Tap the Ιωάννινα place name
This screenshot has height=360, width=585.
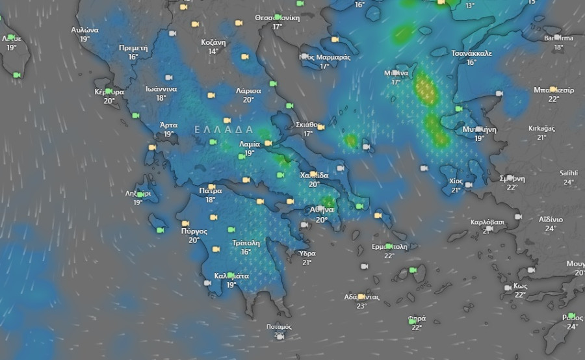click(x=161, y=89)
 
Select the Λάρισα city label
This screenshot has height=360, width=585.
click(x=248, y=91)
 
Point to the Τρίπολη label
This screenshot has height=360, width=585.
click(x=246, y=243)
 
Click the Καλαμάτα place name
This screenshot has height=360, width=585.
click(x=231, y=276)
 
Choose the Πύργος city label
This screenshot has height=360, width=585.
click(x=194, y=231)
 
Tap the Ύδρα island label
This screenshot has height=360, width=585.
click(x=307, y=253)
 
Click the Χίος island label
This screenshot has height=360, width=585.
click(x=456, y=181)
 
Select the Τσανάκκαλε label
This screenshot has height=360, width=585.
click(x=471, y=53)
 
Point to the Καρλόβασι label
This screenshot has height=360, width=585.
click(x=487, y=222)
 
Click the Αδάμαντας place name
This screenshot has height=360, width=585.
click(x=361, y=297)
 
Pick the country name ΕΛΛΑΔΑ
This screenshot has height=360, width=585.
click(x=224, y=130)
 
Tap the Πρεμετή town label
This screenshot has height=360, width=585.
click(x=133, y=48)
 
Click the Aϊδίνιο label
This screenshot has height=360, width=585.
click(x=551, y=220)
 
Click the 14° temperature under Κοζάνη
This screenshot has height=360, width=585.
click(x=213, y=52)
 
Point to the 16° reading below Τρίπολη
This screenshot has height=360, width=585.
click(x=246, y=252)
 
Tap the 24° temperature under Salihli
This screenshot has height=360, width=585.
click(x=569, y=183)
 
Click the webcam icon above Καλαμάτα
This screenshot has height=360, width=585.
click(x=229, y=275)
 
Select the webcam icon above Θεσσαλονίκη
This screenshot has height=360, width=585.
click(x=278, y=17)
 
